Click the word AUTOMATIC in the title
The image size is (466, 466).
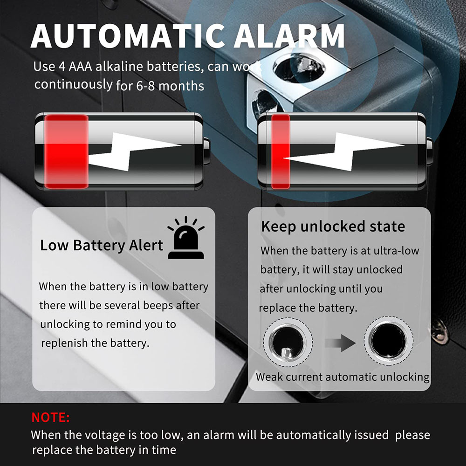tap(128, 36)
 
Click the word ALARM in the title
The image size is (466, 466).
tap(289, 36)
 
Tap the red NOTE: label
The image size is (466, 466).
tap(50, 417)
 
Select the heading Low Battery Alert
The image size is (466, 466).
tap(102, 246)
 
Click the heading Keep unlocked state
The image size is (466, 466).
tap(333, 226)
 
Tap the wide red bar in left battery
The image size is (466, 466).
tap(66, 151)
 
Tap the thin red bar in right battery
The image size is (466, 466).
tap(281, 151)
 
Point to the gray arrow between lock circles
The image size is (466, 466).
tap(340, 343)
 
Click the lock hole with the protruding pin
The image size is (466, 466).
tap(288, 342)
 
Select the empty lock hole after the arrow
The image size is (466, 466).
tap(389, 341)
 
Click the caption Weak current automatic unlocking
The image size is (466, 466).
tap(343, 377)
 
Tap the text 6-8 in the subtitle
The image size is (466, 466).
tap(145, 86)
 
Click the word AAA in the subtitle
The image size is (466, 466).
tap(80, 66)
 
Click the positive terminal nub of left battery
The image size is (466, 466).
tap(206, 151)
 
